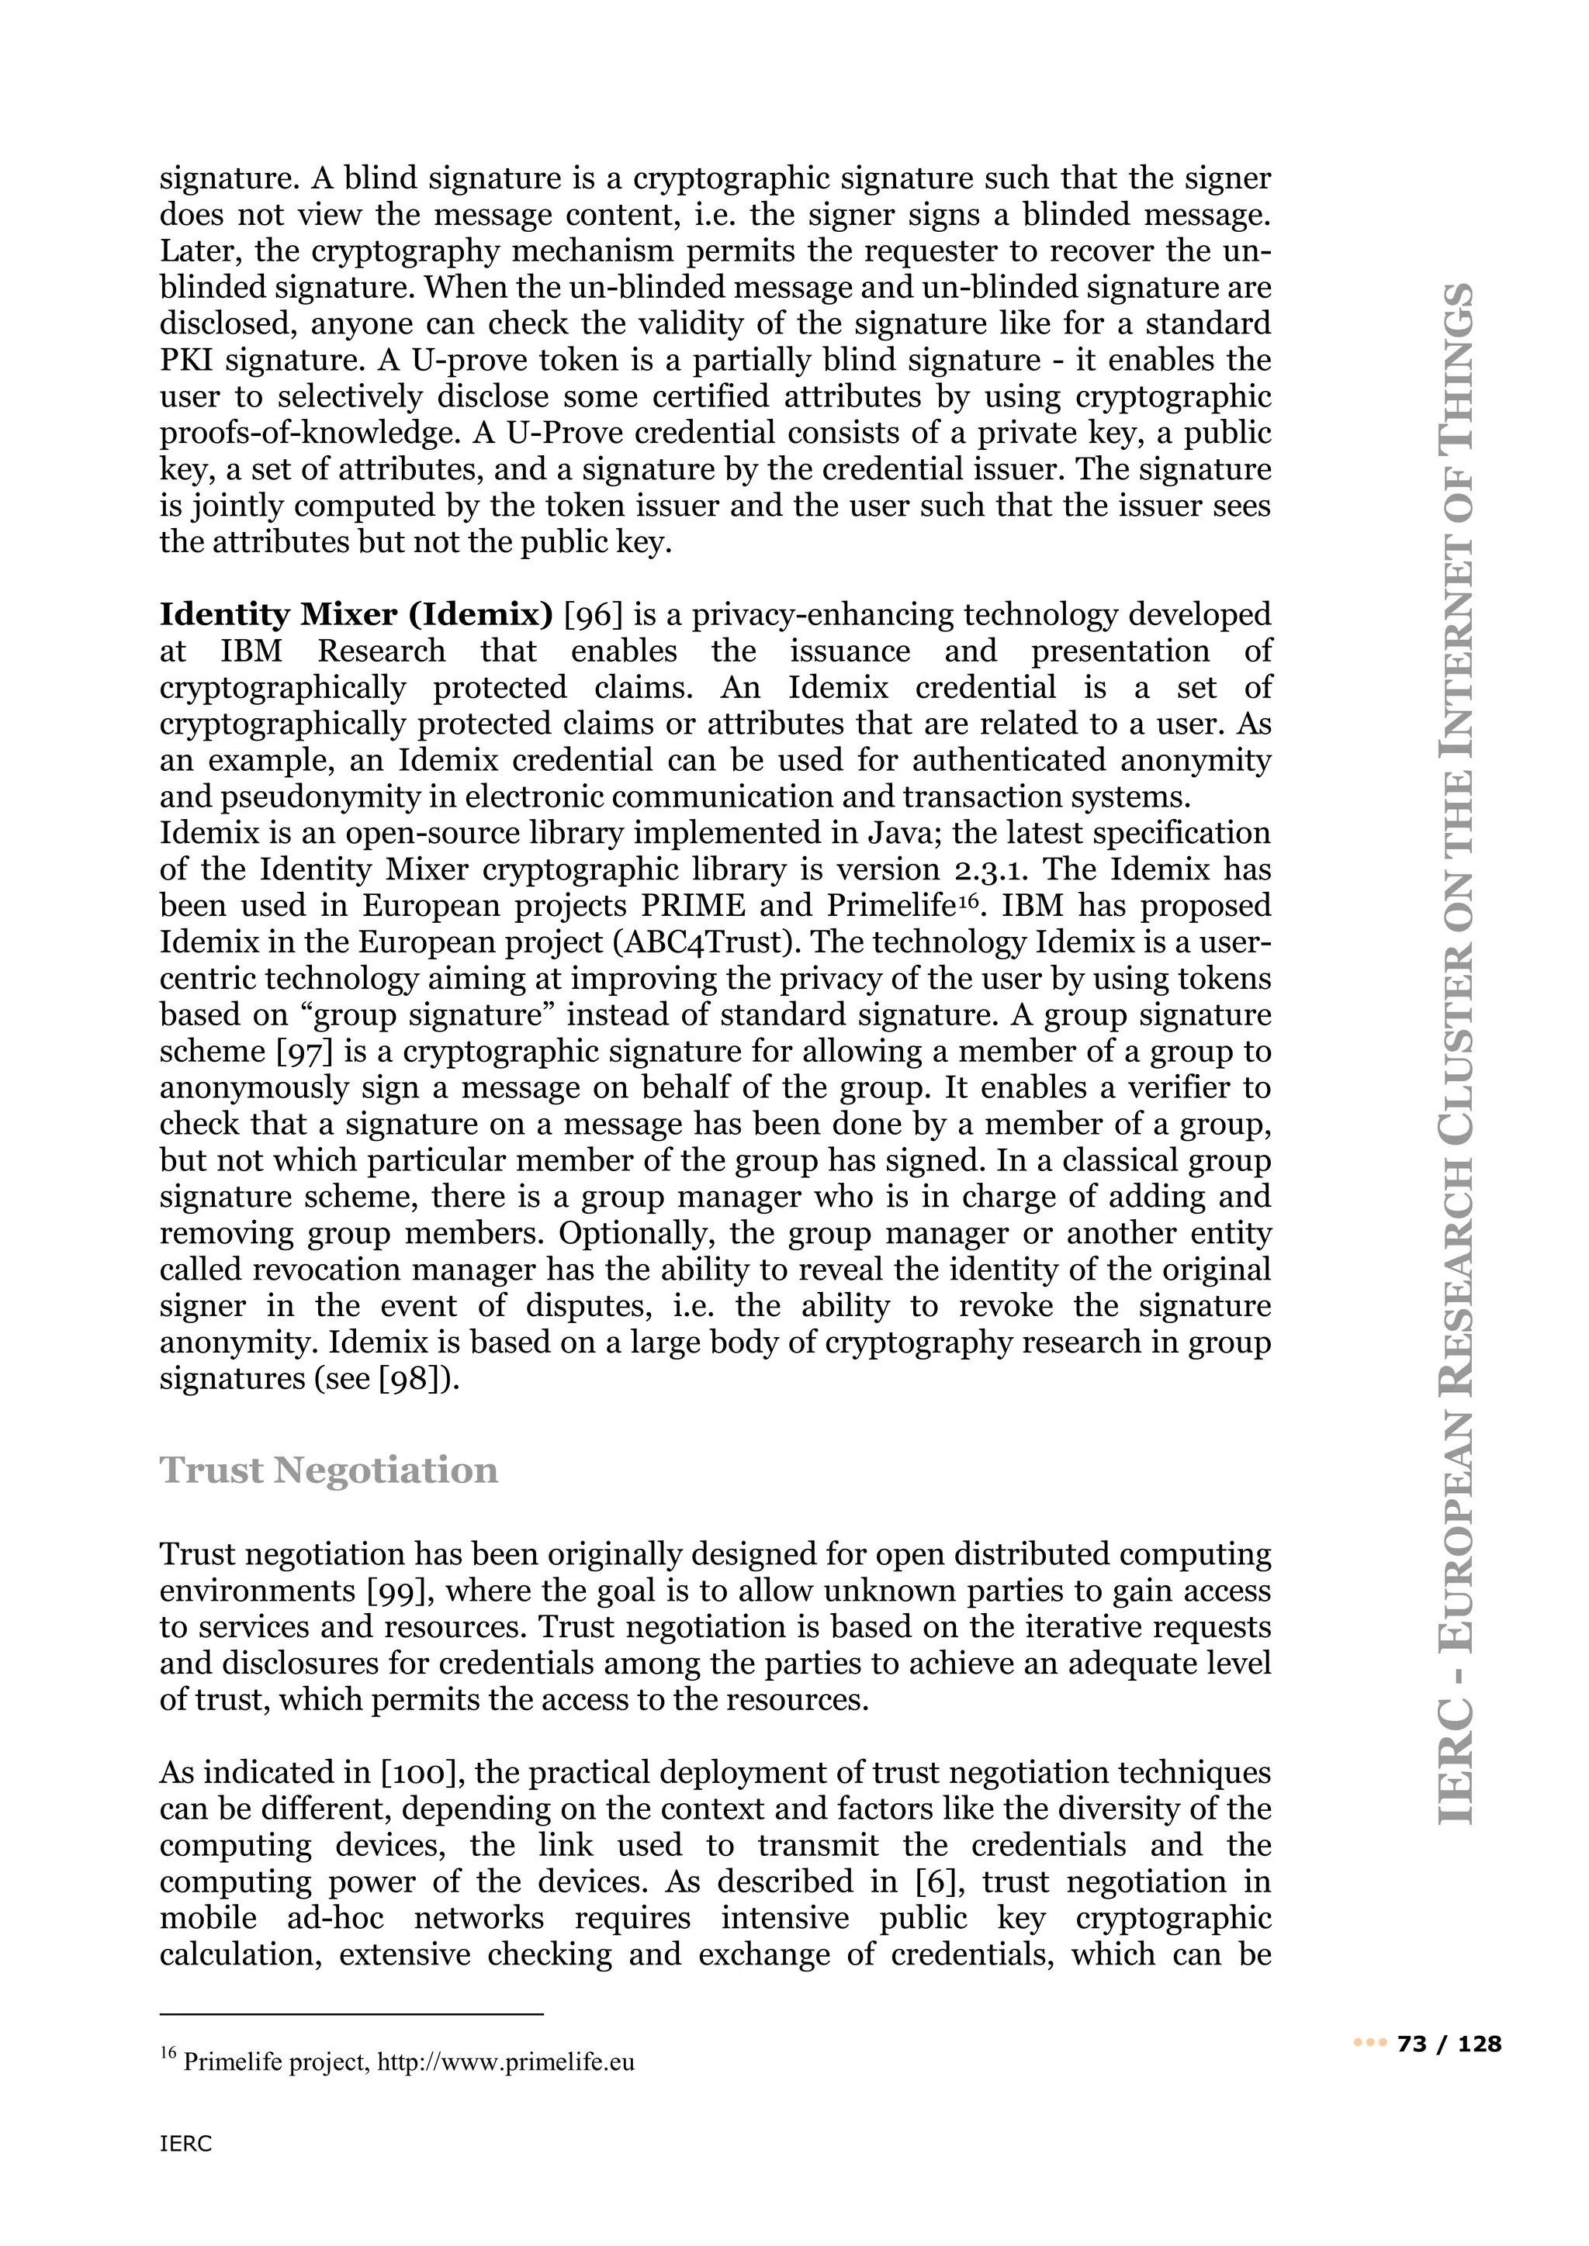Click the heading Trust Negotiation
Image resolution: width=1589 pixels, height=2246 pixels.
(x=329, y=1470)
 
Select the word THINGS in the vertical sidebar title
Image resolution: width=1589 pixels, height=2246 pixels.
(x=1457, y=366)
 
